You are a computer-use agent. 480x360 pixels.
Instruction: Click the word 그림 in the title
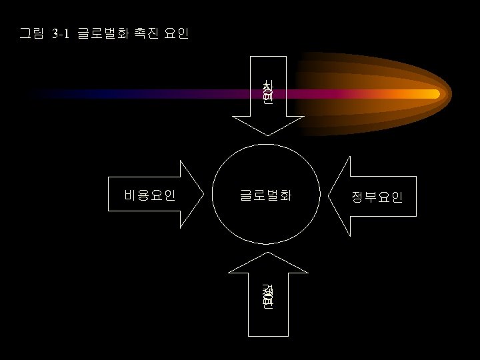click(31, 33)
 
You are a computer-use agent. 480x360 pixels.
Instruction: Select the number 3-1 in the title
click(60, 33)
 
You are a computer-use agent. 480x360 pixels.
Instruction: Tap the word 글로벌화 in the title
click(99, 33)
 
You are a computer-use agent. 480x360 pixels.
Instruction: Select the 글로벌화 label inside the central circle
click(266, 195)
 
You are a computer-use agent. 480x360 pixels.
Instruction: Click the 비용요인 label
click(150, 195)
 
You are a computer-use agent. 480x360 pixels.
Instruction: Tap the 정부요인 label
click(377, 197)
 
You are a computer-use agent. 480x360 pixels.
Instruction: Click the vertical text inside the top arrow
click(267, 91)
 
